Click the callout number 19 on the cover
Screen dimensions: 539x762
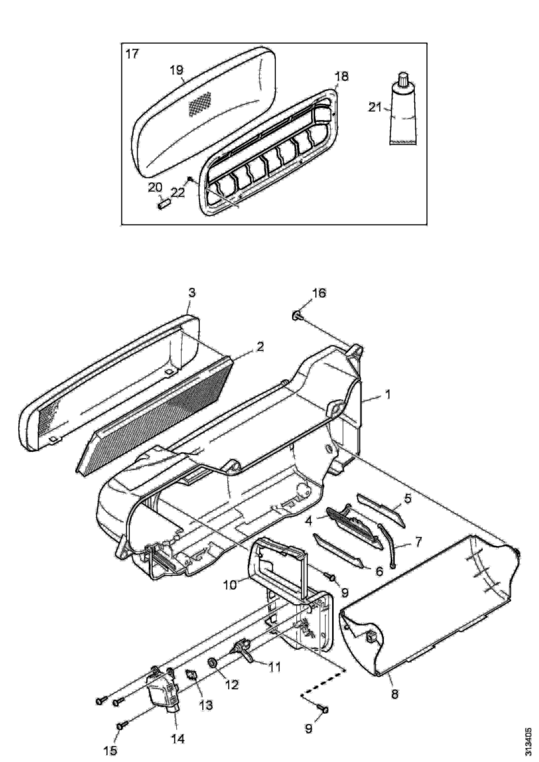pyautogui.click(x=176, y=69)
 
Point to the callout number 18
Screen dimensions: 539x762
pyautogui.click(x=342, y=76)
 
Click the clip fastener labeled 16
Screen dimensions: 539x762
pyautogui.click(x=297, y=316)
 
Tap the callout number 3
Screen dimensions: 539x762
pyautogui.click(x=192, y=293)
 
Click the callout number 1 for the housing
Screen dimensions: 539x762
pyautogui.click(x=387, y=394)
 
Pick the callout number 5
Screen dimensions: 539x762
pyautogui.click(x=407, y=497)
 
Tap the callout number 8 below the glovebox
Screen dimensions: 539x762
pyautogui.click(x=394, y=694)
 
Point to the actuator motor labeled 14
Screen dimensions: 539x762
pyautogui.click(x=162, y=690)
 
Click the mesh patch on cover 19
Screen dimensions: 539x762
pyautogui.click(x=201, y=104)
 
